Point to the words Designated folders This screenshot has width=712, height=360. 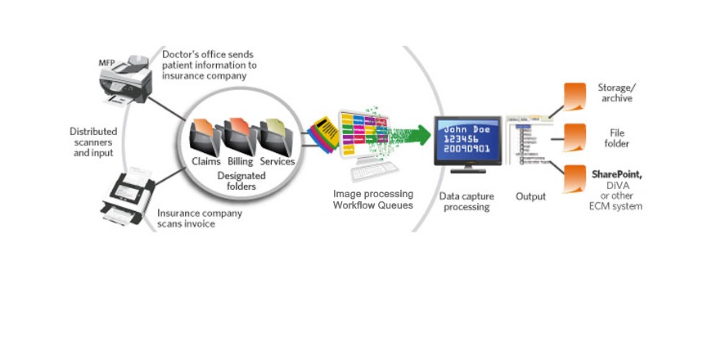pyautogui.click(x=237, y=180)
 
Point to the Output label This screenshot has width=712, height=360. pyautogui.click(x=531, y=196)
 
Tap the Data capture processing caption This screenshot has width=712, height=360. pyautogui.click(x=465, y=201)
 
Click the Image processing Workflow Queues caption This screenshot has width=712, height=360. pyautogui.click(x=372, y=199)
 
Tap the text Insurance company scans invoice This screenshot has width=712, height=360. pyautogui.click(x=199, y=218)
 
